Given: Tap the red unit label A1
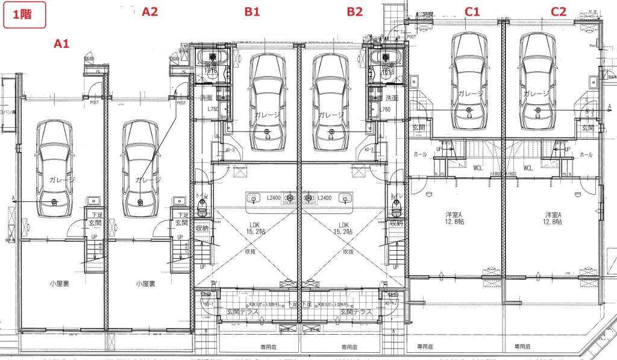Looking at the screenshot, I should pos(62,43).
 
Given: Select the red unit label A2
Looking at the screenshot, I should pos(149,11).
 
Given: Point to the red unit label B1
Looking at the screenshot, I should pos(252,11).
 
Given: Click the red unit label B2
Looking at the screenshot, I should pos(355,11).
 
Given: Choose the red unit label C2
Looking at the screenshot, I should pos(559,11).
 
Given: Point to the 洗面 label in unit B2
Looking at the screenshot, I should pos(392,98).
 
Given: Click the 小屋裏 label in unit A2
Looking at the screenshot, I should pos(146,283).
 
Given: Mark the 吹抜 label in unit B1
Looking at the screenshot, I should pos(249,251).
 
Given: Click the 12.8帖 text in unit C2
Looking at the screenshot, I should pos(552,222).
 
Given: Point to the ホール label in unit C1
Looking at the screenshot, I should pos(420,155).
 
